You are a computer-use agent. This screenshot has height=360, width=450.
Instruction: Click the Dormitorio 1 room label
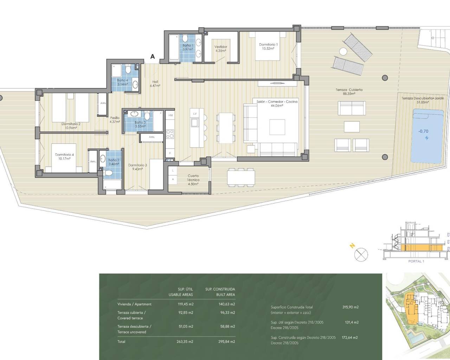click(268, 46)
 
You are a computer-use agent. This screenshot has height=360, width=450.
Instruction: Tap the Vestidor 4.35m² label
click(221, 49)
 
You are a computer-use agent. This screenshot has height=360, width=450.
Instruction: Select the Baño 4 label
click(122, 82)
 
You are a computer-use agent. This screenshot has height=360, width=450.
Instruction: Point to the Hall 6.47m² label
click(155, 84)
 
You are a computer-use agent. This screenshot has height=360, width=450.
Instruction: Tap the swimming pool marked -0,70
click(427, 136)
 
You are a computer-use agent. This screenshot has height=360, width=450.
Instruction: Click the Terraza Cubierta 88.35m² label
click(349, 92)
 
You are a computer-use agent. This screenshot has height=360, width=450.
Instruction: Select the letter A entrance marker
click(153, 56)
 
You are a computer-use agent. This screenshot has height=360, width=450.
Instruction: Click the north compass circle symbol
click(361, 254)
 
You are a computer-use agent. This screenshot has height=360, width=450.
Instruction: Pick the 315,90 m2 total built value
click(350, 307)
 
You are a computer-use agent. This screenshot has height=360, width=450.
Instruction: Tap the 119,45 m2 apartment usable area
click(185, 304)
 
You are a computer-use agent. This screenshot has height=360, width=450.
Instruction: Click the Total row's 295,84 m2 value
click(227, 341)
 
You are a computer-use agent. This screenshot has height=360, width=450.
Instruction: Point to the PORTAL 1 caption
click(416, 261)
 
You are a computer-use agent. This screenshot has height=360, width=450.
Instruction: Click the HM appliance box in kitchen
click(171, 115)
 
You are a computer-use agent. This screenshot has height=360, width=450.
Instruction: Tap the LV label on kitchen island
click(195, 114)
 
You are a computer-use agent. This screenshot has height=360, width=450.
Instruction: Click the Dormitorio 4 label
click(64, 156)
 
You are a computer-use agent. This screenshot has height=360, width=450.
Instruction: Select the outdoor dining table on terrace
click(241, 176)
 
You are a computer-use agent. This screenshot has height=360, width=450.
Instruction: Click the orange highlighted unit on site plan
click(410, 306)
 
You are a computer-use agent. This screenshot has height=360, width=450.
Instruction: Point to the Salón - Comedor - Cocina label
click(277, 103)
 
